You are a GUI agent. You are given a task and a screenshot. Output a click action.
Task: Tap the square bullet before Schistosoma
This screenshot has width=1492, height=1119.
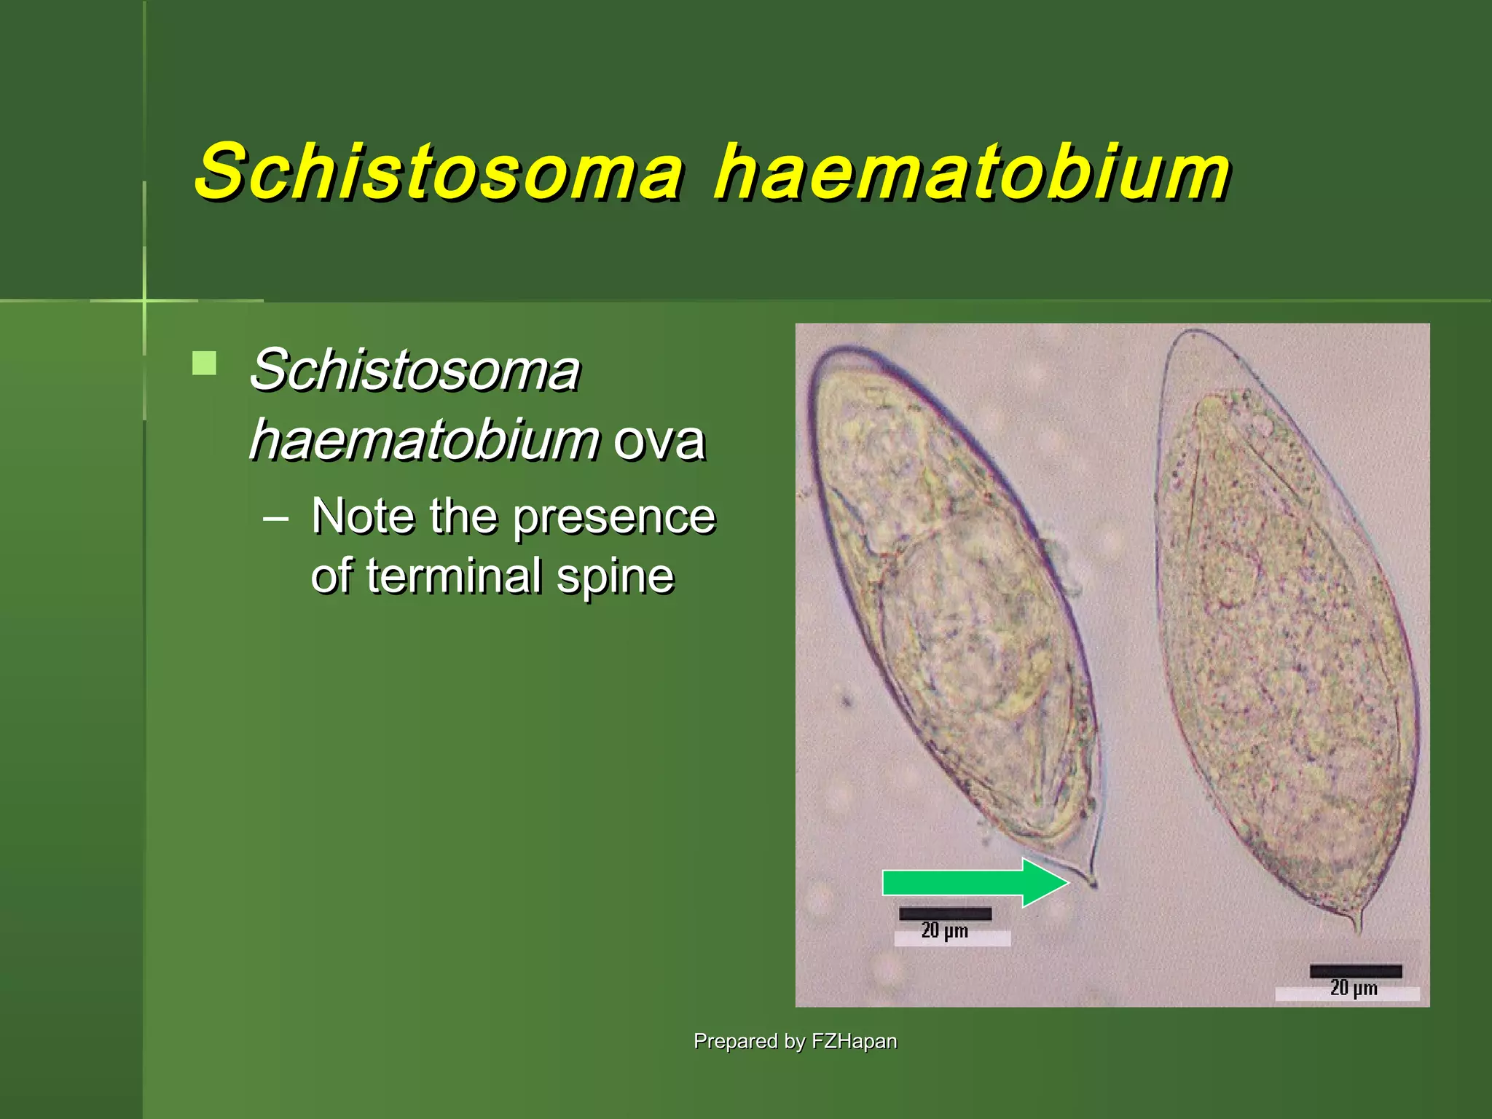pos(205,363)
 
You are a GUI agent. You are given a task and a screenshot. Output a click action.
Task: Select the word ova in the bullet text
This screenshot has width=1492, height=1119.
pos(659,441)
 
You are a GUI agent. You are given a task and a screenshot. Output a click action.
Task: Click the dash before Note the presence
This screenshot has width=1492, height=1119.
pos(276,519)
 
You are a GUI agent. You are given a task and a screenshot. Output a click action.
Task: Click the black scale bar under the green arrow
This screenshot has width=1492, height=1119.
pos(945,914)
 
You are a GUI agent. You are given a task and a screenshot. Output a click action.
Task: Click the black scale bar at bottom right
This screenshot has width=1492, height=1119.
pos(1355,971)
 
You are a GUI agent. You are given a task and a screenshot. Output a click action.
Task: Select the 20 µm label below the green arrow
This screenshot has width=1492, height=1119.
pos(945,931)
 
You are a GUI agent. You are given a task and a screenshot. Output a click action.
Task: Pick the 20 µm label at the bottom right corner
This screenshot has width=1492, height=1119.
pos(1354,989)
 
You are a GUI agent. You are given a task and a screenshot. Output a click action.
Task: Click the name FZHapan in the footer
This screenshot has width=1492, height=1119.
pos(854,1041)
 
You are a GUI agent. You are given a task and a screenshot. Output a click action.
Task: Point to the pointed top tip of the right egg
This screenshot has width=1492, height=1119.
pos(1192,334)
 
